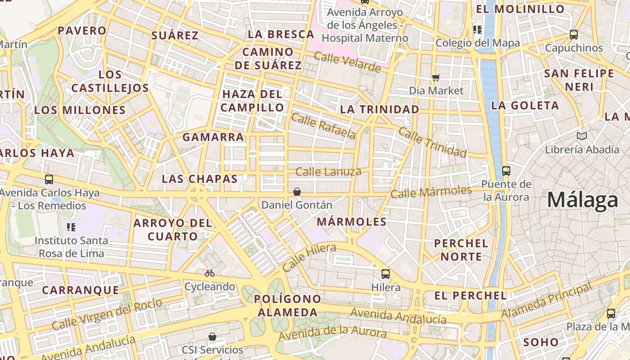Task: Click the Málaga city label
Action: (583, 200)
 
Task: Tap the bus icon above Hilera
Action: (386, 274)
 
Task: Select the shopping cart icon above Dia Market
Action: (436, 77)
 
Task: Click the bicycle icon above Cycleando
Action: (209, 273)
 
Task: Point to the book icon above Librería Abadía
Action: (582, 136)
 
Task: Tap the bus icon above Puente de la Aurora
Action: (506, 171)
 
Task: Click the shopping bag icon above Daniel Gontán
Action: (297, 192)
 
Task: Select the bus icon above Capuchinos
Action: (574, 34)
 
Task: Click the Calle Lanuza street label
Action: (328, 171)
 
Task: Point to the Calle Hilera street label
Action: (309, 257)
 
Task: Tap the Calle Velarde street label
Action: (347, 62)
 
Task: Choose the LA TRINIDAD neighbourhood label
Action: (379, 109)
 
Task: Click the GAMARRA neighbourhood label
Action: (213, 137)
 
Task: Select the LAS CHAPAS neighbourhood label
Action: (200, 179)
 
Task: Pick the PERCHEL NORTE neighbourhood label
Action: (461, 250)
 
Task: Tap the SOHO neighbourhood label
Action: (541, 342)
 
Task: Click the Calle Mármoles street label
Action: (431, 192)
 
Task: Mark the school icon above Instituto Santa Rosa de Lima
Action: (71, 227)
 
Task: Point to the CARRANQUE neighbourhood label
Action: (81, 290)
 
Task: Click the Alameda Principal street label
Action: (547, 300)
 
